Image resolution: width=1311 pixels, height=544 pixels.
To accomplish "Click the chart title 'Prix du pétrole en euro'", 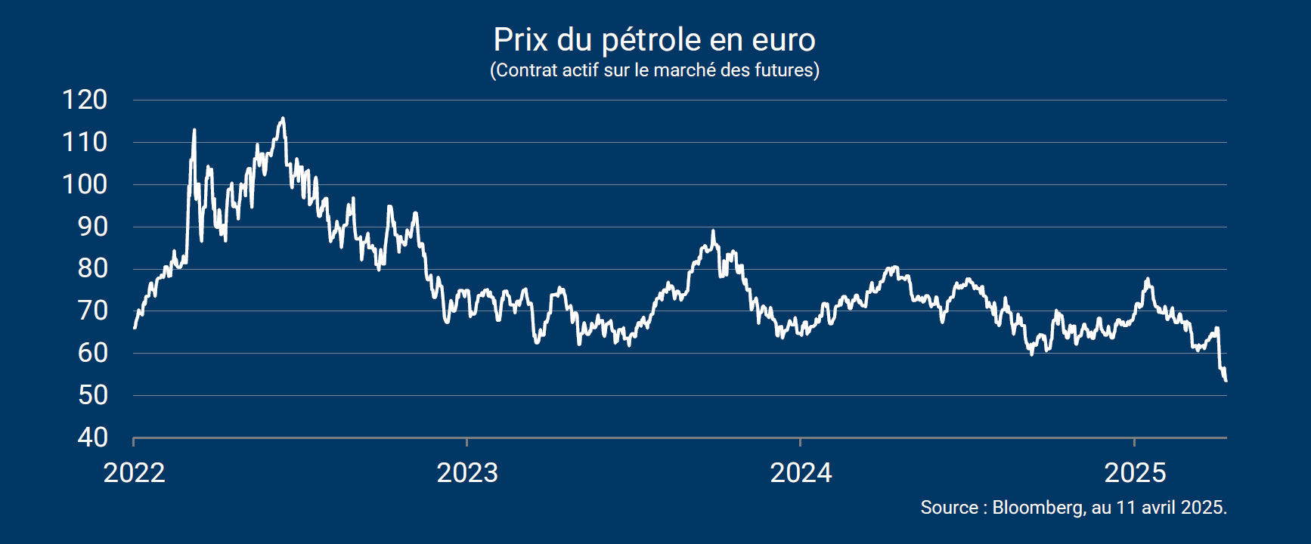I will [655, 39].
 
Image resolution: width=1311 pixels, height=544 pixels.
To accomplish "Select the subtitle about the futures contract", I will [655, 70].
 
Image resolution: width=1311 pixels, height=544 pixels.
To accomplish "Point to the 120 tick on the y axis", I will [85, 100].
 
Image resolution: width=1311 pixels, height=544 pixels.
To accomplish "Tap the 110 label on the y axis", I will [85, 142].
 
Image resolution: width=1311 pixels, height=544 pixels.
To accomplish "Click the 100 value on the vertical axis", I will [85, 184].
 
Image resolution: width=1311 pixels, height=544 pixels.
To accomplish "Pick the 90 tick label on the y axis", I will [92, 227].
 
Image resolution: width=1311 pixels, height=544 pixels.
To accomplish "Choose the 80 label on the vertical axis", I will [92, 268].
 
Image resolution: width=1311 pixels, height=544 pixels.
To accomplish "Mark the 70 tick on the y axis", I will [92, 311].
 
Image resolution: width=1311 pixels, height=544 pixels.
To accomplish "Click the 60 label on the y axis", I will [92, 353].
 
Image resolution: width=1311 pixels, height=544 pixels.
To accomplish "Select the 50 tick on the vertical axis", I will [92, 395].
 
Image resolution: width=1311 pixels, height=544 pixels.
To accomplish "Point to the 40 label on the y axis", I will [92, 437].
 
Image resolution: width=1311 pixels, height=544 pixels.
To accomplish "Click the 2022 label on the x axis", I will [134, 473].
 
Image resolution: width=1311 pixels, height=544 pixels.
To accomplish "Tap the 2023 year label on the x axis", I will [467, 473].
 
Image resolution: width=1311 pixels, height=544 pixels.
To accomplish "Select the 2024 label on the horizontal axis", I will [801, 473].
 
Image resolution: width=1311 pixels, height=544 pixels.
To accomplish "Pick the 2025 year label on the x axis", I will [1135, 473].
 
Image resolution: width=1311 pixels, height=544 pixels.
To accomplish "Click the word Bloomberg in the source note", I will [1037, 508].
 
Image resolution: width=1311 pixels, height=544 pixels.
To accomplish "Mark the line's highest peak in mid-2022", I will [283, 119].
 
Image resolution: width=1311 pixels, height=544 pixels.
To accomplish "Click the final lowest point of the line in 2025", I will [1225, 380].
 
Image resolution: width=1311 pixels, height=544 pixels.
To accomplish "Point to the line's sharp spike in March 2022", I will [194, 130].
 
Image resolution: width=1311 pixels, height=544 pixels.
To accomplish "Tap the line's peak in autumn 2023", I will [713, 231].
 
